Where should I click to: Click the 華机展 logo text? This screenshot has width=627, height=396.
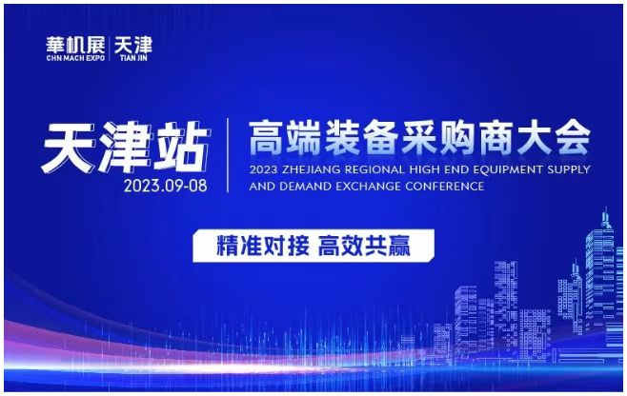point(75,45)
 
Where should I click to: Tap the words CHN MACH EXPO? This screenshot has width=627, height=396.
point(75,58)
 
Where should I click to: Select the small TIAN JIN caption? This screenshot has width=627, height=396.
point(133,58)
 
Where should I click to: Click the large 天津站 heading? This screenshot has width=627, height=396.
point(126,147)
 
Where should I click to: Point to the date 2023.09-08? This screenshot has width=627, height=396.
point(165,186)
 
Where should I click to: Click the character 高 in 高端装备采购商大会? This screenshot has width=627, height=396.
point(266,138)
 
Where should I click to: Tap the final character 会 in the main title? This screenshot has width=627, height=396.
point(574,138)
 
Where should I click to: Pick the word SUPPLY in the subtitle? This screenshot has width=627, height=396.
point(566,169)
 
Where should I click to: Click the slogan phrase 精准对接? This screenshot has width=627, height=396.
point(263,246)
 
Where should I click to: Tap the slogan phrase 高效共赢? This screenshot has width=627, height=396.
point(364,246)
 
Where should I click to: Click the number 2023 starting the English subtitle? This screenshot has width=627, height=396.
point(264,169)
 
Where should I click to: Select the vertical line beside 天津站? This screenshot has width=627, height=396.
point(228,155)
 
